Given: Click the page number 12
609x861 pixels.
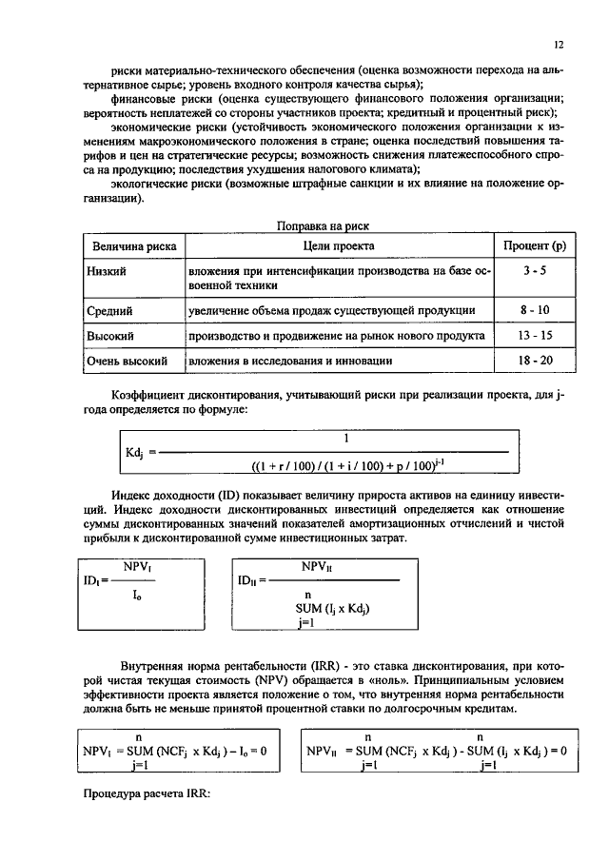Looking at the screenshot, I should [559, 45].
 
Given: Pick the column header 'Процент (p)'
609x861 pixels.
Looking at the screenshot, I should [535, 246].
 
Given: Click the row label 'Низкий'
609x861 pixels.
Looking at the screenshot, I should [107, 271].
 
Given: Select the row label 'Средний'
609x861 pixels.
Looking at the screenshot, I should [109, 310].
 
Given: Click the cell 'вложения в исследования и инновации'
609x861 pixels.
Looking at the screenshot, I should [290, 362].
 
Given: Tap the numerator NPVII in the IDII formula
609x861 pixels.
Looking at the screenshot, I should [317, 565].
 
